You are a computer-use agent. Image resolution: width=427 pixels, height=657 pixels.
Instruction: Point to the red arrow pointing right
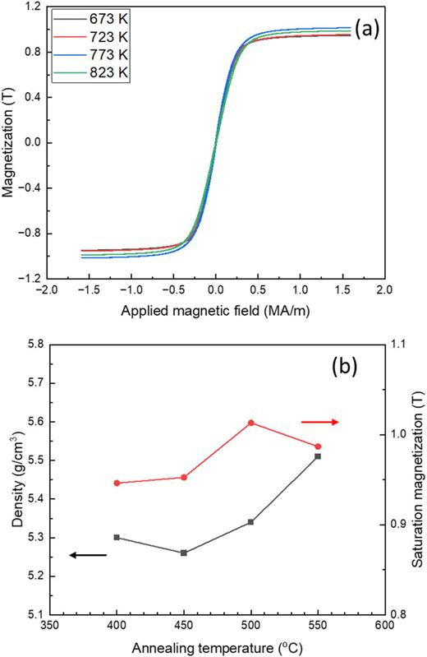pyautogui.click(x=319, y=422)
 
